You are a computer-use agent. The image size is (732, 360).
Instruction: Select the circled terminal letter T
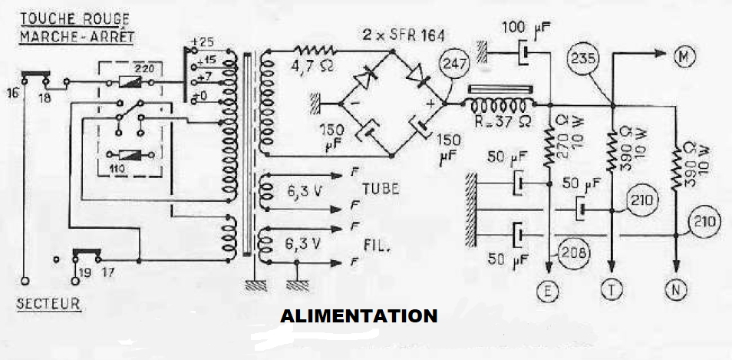[x=612, y=289]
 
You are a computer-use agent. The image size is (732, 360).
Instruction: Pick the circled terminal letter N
[x=675, y=289]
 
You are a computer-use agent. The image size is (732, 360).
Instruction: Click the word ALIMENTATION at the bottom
[x=358, y=315]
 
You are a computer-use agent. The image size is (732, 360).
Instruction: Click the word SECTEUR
[x=48, y=303]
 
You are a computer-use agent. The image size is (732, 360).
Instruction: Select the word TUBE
[x=380, y=190]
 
